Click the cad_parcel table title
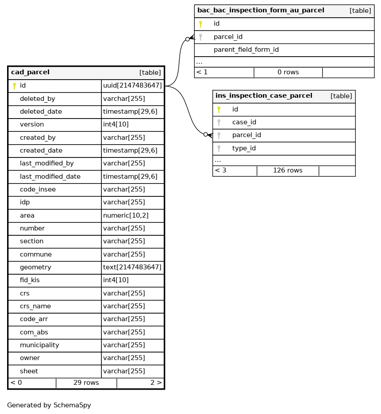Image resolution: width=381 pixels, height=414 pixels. (30, 73)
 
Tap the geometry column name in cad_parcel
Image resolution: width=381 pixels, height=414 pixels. (35, 268)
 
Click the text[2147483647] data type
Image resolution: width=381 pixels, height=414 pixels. (132, 268)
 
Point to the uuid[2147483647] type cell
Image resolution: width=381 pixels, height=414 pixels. (132, 86)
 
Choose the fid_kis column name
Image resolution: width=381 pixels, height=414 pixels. (30, 280)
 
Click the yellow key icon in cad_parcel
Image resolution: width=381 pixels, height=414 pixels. (14, 86)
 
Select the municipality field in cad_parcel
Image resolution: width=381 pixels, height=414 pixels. (39, 345)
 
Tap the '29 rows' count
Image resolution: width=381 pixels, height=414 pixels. (86, 383)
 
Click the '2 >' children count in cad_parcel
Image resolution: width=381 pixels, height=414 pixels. (156, 383)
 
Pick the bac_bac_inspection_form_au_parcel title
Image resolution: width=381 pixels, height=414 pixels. (261, 11)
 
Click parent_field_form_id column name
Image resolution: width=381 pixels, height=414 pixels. (246, 50)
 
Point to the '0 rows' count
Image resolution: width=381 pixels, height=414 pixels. (288, 72)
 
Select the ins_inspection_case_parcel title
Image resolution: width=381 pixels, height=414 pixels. (264, 96)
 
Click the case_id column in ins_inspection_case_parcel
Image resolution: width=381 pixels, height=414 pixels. (244, 123)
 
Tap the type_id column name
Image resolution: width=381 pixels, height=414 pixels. (244, 149)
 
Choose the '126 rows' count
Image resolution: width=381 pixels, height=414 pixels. (288, 171)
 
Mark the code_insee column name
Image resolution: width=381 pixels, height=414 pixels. (38, 190)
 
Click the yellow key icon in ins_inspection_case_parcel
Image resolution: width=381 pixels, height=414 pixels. (219, 109)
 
